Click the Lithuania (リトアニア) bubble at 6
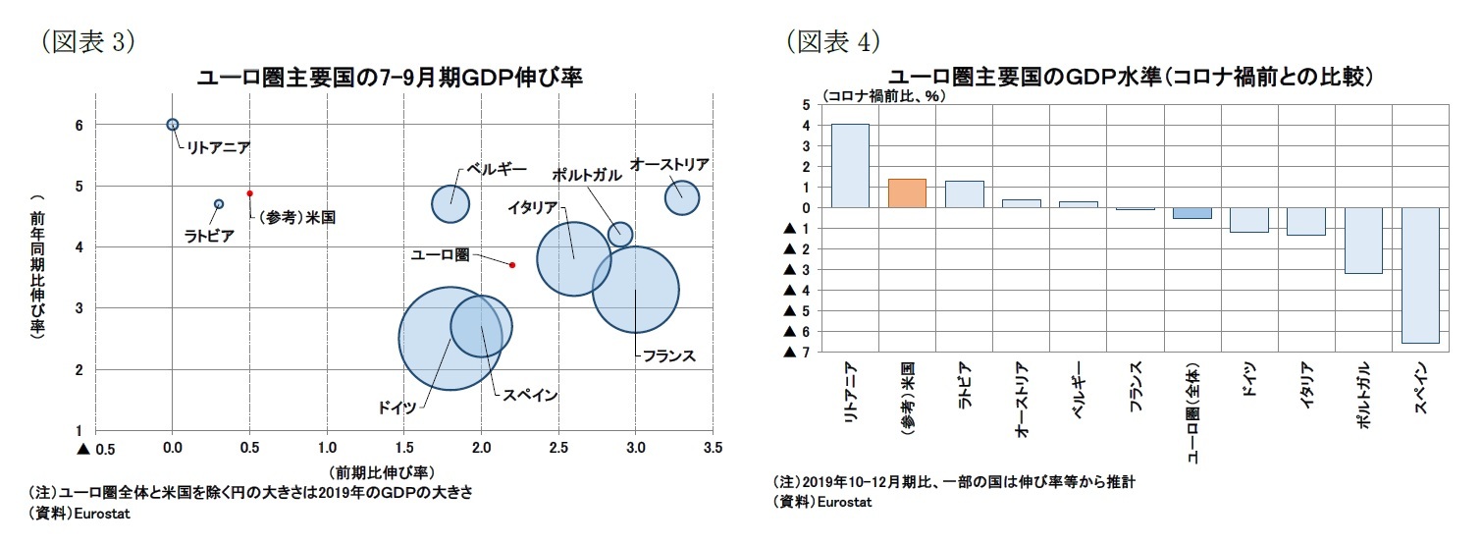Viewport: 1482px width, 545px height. tap(173, 125)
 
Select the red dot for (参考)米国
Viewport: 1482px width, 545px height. tap(250, 193)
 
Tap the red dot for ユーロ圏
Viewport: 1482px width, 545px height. tap(512, 265)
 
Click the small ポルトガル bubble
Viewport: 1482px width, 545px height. tap(620, 234)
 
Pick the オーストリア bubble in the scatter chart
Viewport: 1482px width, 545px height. tap(682, 197)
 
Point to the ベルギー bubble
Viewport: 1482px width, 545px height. tap(450, 203)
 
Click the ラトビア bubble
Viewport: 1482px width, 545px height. tap(219, 204)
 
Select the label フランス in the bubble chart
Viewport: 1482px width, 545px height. tap(668, 356)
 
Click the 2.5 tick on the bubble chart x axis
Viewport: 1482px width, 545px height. tap(558, 449)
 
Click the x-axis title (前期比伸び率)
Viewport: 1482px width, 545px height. tap(382, 472)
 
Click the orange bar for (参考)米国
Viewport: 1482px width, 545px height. tap(907, 193)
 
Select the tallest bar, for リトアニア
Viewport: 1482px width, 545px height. tap(850, 166)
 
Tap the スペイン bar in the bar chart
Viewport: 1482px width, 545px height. tap(1420, 275)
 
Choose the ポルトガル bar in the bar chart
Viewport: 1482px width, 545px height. tap(1363, 241)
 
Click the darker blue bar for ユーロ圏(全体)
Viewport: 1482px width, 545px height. tap(1191, 213)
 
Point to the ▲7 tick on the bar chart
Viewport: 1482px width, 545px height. tap(794, 353)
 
